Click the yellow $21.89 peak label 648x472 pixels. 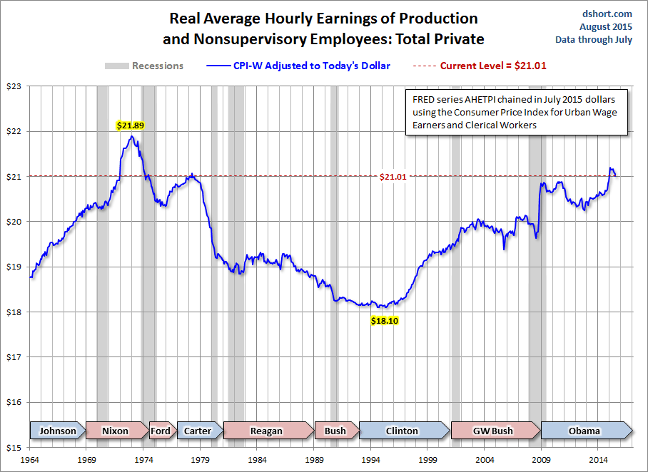tap(131, 125)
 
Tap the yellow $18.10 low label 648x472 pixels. tap(385, 321)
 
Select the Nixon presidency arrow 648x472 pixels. tap(116, 431)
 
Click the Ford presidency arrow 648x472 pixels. tap(161, 431)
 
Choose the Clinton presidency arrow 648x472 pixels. tap(403, 431)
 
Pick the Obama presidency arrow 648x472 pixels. tap(585, 431)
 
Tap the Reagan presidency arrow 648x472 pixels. tap(267, 431)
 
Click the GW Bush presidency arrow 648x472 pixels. tap(493, 431)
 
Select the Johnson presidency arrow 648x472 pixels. tap(57, 431)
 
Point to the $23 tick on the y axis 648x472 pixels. tap(14, 86)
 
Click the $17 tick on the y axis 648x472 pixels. tap(14, 357)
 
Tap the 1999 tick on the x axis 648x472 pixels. tap(427, 461)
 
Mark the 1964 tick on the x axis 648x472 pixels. tap(30, 461)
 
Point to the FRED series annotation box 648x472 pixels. tap(515, 111)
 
